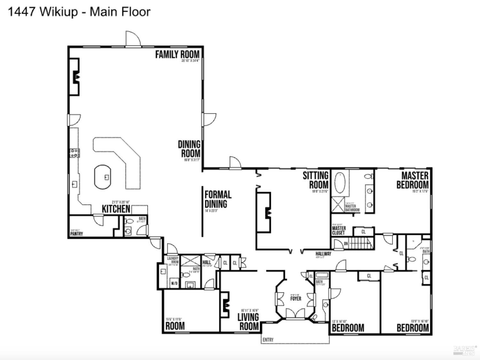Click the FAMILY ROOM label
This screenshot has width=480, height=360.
pos(177,54)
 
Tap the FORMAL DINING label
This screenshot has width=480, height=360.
pos(218,199)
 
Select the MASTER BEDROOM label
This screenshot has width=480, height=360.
pos(412,180)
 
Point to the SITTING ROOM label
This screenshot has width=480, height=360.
pos(316,180)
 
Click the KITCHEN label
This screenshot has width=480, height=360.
pos(116,209)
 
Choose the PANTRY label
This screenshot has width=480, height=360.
pos(76,234)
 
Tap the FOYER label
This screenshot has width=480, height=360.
pos(296,299)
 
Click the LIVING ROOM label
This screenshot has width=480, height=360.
pos(248,322)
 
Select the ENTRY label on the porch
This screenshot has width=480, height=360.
pos(268,340)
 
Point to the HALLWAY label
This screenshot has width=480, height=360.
pos(323,254)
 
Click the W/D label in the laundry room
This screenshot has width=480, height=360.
pos(174,283)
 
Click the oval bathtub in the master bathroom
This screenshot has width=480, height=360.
pos(340,183)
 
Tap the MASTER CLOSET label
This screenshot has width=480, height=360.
pos(339,230)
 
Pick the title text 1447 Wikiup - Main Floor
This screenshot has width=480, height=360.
pos(79,12)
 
